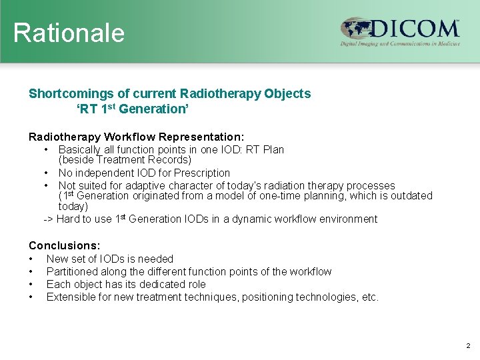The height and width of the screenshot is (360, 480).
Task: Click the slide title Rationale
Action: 69,33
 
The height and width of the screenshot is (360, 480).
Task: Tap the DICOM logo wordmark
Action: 414,29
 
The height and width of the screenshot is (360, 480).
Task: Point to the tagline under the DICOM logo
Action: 400,43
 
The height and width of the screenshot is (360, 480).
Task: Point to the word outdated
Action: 409,196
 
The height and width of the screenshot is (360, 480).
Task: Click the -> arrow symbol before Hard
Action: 48,219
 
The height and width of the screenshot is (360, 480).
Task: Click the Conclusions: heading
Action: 64,245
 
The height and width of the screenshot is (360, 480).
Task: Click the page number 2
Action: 467,346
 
